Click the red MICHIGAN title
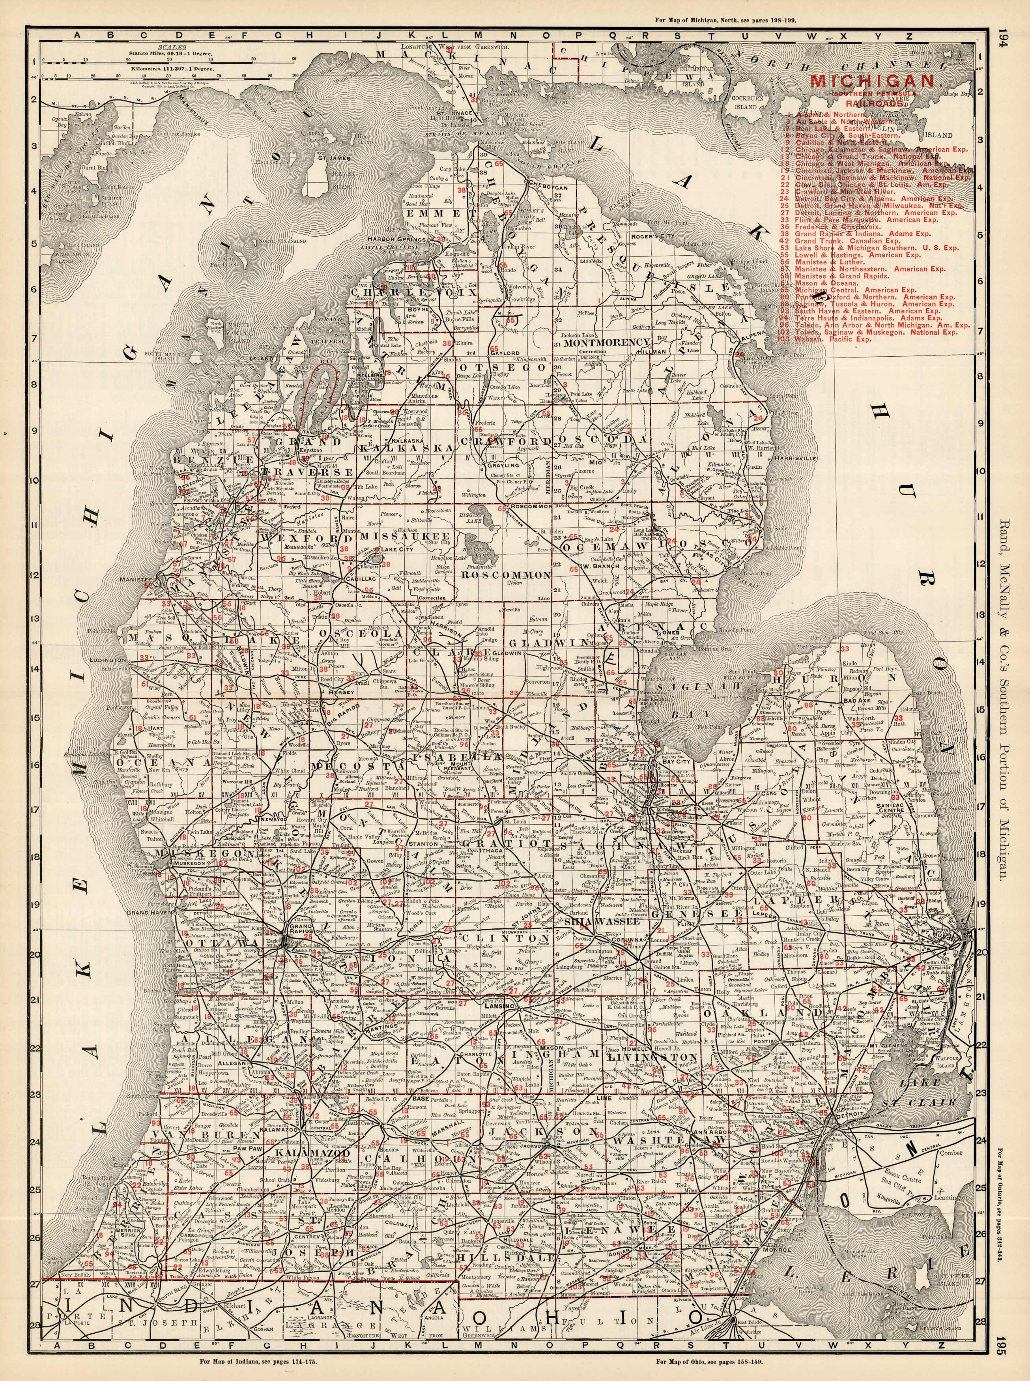pos(872,80)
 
